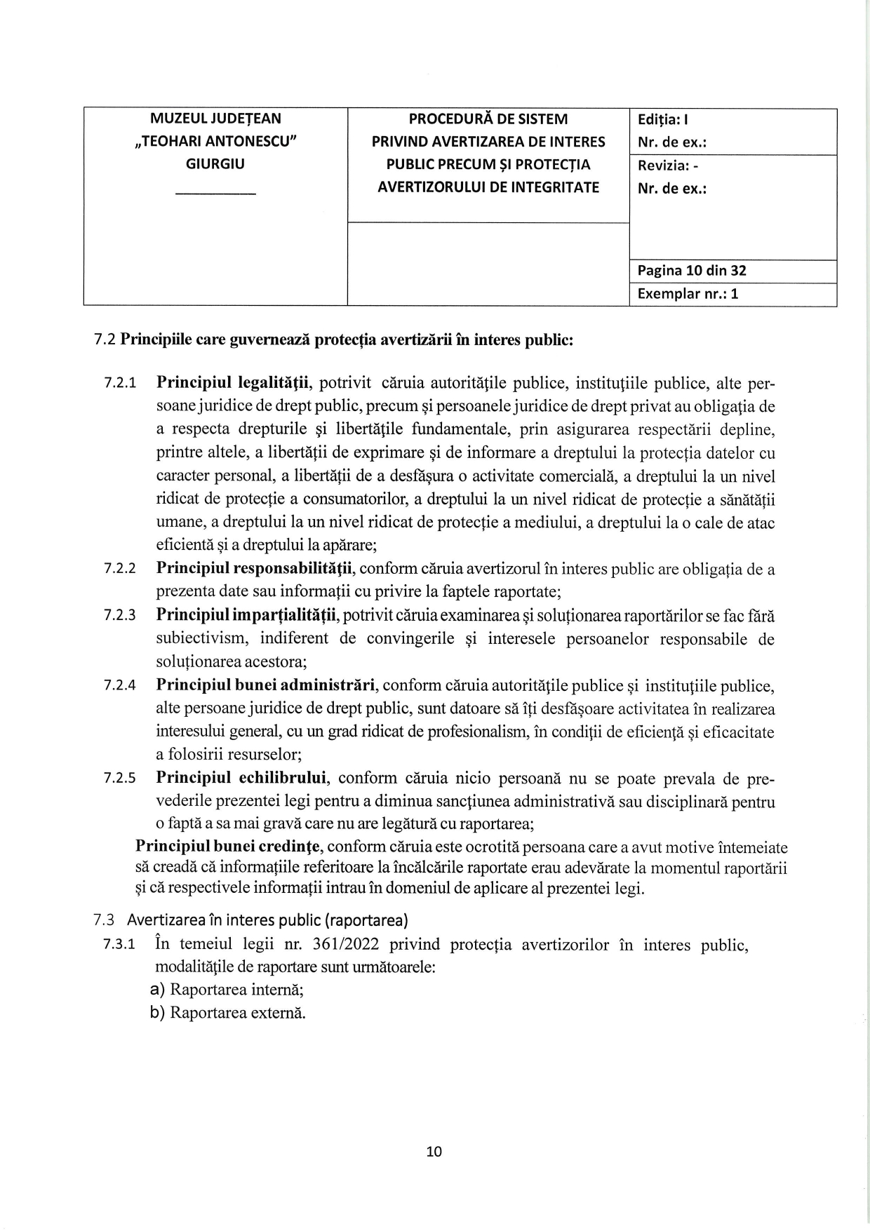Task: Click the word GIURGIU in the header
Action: (215, 164)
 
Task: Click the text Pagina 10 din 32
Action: (692, 271)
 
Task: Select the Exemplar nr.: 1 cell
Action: (688, 294)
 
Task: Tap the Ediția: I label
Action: (667, 119)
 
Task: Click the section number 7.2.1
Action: (121, 384)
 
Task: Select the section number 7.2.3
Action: (121, 616)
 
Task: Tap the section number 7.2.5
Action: (121, 779)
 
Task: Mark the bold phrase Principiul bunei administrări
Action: (267, 685)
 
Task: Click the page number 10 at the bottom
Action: (434, 1151)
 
